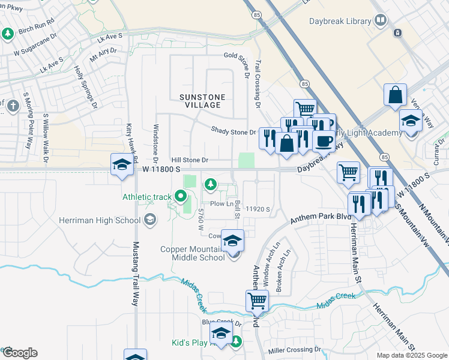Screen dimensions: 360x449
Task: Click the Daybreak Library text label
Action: (341, 21)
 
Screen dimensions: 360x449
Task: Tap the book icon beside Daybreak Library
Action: (380, 21)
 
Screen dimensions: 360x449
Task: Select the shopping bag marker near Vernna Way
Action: (396, 95)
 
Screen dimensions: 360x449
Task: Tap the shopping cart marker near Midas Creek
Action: (258, 300)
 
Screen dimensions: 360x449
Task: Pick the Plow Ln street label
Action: (221, 204)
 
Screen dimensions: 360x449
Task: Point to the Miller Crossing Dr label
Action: (295, 350)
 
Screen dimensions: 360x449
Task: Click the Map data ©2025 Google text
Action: (411, 355)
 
